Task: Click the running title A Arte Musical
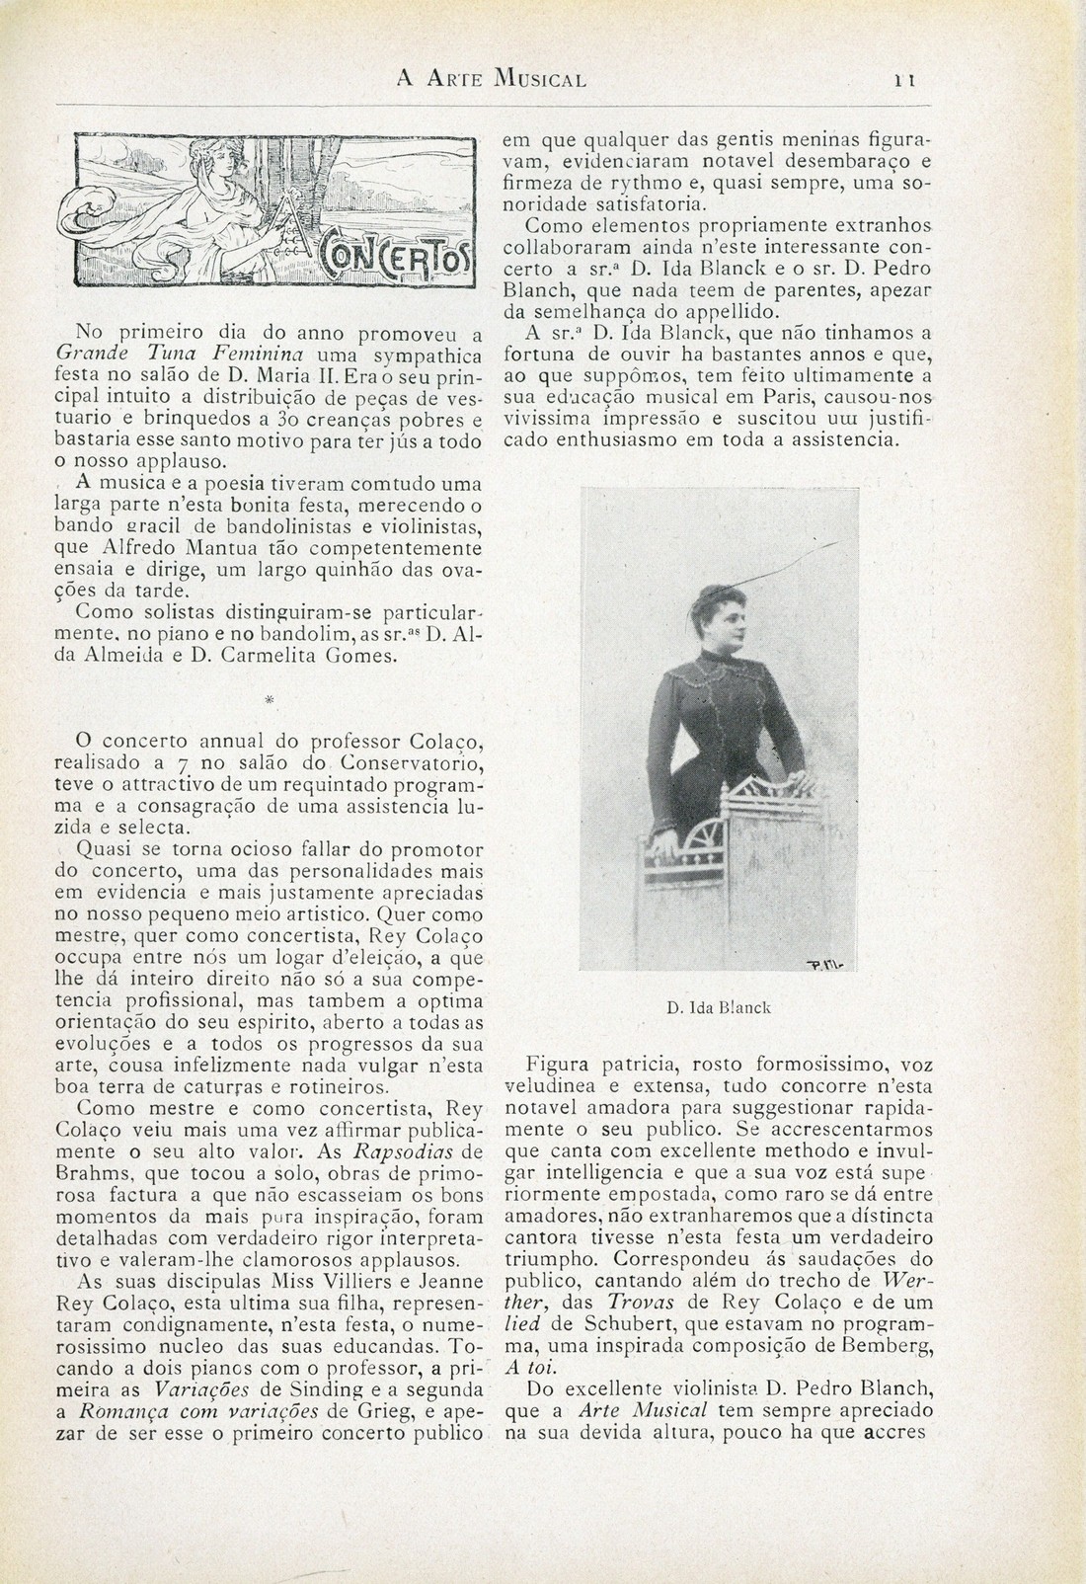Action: point(491,77)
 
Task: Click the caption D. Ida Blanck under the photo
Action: point(718,1008)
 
